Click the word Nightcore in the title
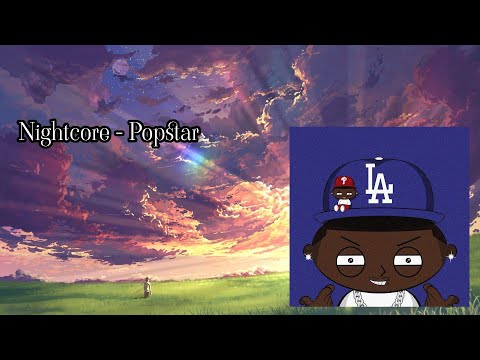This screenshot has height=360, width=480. [62, 133]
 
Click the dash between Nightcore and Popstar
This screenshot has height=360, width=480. [118, 134]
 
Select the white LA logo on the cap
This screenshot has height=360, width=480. [380, 183]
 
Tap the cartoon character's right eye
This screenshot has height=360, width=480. [405, 264]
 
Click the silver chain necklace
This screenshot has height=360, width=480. [379, 299]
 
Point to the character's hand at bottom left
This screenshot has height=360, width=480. [319, 296]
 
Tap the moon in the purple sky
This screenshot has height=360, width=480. [121, 68]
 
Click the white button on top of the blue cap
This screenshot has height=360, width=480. [380, 149]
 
